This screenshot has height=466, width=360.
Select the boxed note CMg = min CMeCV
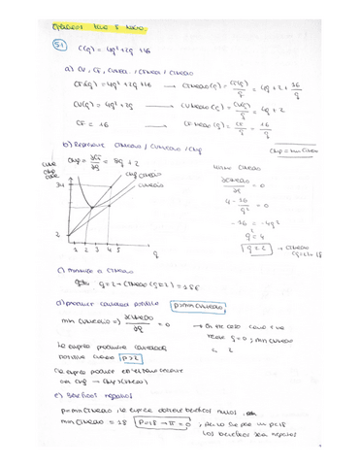coord(326,151)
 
